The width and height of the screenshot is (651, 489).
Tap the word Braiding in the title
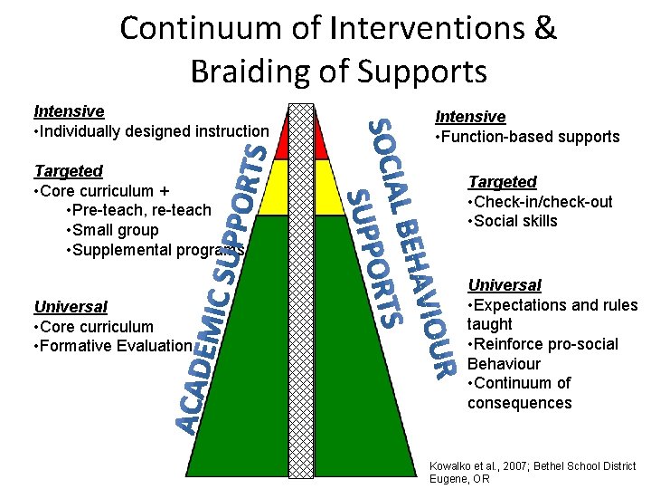(252, 70)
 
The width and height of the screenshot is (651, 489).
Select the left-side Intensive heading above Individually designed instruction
(69, 111)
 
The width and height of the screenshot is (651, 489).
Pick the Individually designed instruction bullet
(150, 131)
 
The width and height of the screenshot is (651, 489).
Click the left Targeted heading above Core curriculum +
(68, 171)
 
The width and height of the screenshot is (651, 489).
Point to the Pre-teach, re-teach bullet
(138, 210)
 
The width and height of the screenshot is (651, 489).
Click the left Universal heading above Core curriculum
(71, 307)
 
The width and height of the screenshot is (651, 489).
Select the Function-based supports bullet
(527, 137)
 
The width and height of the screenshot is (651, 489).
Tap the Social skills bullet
(513, 221)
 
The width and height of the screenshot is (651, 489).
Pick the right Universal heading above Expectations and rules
(505, 285)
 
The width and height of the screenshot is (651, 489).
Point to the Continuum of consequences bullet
(520, 393)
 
